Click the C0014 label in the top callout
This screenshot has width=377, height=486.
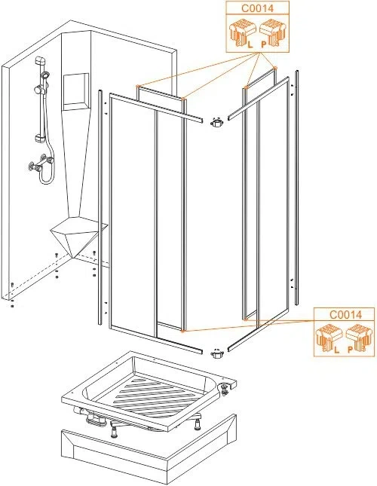tap(257, 8)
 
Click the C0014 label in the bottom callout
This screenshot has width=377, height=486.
tap(345, 315)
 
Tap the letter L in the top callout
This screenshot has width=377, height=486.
tap(250, 44)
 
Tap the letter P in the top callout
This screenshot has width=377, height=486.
tap(264, 44)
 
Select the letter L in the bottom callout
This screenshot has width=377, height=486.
tap(337, 350)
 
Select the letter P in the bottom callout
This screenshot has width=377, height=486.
tap(350, 350)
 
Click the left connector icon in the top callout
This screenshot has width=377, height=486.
tap(242, 32)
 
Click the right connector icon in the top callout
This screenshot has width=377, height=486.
tap(272, 32)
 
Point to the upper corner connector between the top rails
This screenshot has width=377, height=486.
tap(217, 123)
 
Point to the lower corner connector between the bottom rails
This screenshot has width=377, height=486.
tap(217, 353)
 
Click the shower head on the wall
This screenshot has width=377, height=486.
tap(46, 75)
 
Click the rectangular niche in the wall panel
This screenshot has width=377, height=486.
tap(76, 91)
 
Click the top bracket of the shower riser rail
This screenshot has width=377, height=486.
tap(41, 60)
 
